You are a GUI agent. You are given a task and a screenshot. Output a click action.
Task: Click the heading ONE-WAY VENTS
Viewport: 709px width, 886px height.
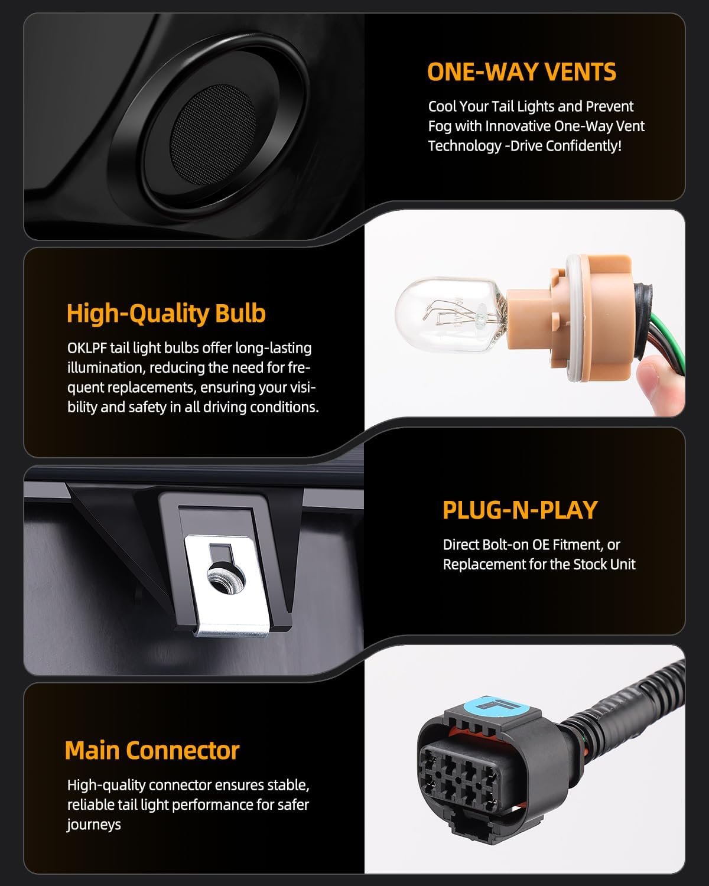(x=522, y=72)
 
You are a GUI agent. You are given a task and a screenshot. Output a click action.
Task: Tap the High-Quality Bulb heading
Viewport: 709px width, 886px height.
(x=166, y=314)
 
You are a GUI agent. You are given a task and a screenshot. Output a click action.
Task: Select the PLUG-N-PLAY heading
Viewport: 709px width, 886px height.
(x=520, y=510)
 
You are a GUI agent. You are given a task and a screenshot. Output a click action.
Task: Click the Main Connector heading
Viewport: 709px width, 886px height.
(x=152, y=751)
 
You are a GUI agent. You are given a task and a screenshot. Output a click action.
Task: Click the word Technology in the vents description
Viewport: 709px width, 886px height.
(x=465, y=146)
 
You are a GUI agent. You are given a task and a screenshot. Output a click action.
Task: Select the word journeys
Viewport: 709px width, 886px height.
(x=94, y=825)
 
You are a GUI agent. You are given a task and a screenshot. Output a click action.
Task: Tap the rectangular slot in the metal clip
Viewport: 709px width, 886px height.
(x=220, y=552)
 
